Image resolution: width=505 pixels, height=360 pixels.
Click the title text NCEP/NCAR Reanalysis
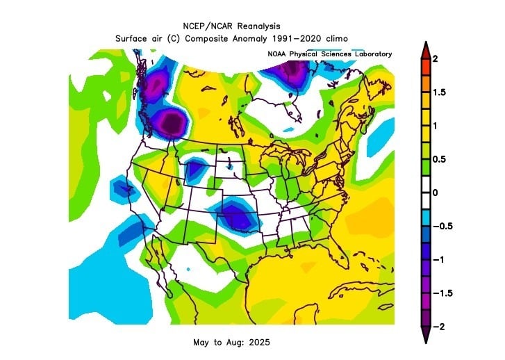(231, 26)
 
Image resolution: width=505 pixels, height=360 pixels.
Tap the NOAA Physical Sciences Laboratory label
(329, 54)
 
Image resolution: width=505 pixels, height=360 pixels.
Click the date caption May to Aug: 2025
(231, 343)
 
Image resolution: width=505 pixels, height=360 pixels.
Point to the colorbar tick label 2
(435, 59)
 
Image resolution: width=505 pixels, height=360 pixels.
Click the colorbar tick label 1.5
(438, 92)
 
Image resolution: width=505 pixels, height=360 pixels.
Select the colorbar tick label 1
(435, 126)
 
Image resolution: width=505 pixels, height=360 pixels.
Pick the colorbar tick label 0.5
(438, 159)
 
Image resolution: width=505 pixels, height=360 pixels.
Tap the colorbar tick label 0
(435, 193)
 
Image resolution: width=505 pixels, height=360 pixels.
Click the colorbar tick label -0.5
(441, 226)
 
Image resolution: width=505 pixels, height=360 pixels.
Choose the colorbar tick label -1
(438, 259)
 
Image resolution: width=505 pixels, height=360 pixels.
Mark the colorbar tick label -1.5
(441, 293)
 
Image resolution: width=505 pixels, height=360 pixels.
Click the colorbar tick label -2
(438, 326)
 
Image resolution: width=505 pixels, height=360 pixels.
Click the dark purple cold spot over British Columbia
(171, 124)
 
